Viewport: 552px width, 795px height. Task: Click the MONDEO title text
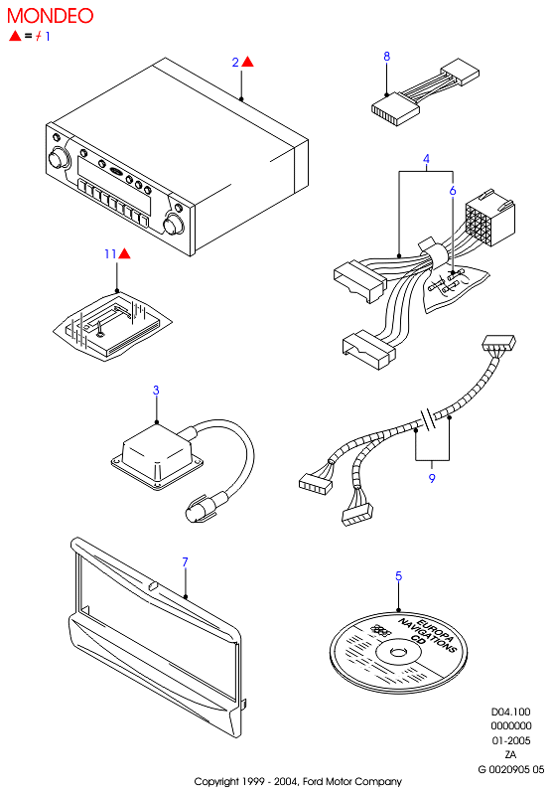pos(50,16)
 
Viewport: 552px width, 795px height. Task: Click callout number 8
pos(387,56)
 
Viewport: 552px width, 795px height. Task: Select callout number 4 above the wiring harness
pos(426,159)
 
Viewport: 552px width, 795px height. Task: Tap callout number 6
pos(453,190)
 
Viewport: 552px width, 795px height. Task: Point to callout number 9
pos(432,478)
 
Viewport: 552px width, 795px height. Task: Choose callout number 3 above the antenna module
pos(156,390)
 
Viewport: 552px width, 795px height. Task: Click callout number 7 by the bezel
pos(185,561)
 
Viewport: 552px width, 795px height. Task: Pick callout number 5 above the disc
pos(398,576)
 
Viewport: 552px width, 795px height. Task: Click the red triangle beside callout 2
pos(247,62)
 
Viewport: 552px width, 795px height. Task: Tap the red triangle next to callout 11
pos(124,253)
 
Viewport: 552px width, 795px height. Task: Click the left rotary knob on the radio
pos(59,158)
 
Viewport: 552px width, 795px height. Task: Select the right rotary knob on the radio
pos(174,225)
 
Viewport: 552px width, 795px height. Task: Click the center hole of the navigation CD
pos(397,650)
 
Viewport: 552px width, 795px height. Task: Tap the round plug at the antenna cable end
pos(199,510)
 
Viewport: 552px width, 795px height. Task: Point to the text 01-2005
pos(511,740)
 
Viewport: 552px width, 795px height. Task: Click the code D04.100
pos(510,712)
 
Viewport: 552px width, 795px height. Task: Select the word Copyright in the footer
pos(216,782)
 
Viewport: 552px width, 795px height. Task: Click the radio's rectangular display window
pos(114,185)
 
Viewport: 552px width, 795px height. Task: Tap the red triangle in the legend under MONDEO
pos(15,36)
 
